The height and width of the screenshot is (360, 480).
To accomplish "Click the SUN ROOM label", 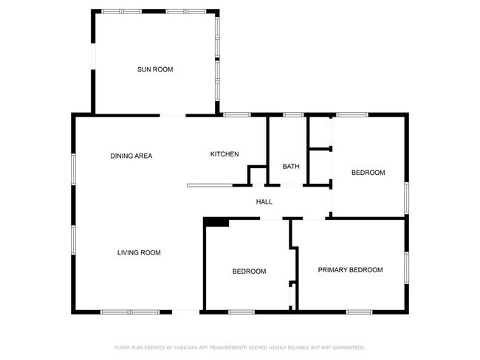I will pos(155,69).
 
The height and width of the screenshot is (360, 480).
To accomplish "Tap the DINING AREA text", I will pos(131,156).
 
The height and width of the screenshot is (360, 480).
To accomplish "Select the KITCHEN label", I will pos(224,154).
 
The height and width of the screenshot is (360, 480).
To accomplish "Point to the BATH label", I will pos(291,166).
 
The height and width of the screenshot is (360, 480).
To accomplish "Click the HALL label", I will pos(264,201).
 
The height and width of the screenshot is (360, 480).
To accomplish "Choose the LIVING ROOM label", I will pos(139,253).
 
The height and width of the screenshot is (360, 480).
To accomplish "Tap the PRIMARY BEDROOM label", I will pos(350,270).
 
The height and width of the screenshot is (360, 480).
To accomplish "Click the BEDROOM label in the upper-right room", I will pos(368,173).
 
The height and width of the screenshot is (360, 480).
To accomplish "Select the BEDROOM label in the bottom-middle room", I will pos(249,271).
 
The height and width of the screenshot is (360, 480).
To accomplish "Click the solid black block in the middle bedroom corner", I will pos(216,222).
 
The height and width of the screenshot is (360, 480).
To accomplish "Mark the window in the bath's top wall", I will pos(294,114).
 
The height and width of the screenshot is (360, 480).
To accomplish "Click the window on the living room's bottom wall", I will pos(130,311).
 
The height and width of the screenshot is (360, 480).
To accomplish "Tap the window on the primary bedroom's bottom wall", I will pos(359,311).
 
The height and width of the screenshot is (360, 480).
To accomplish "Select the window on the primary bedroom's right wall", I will pos(405,269).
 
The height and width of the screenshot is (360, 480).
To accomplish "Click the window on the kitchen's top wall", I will pos(237,114).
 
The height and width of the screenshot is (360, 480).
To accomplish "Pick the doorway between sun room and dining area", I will pos(173,114).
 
